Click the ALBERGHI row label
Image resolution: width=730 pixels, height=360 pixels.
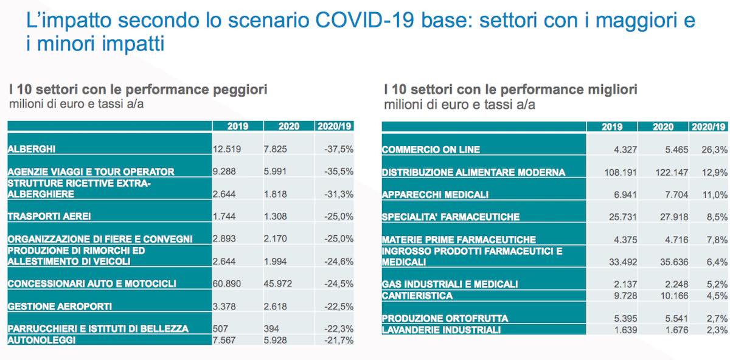tap(31, 149)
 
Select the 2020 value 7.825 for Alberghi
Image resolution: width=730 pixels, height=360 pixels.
tap(275, 149)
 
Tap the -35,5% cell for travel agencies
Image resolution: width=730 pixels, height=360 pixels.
tap(339, 171)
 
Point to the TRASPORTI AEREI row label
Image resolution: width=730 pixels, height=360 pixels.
tap(49, 216)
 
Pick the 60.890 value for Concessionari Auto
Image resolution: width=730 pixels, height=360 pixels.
tap(226, 284)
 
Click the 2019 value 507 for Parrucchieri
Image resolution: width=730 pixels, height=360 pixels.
tap(220, 329)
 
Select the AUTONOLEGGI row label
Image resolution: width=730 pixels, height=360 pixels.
tap(42, 340)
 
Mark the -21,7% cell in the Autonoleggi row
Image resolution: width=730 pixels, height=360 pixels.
tap(339, 340)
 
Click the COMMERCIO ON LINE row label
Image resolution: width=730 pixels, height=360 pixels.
tap(431, 150)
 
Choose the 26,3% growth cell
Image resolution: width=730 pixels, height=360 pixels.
tap(714, 150)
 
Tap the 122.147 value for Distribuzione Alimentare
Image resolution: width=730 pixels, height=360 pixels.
tap(672, 172)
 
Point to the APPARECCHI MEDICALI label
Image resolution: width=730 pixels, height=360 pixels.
tap(435, 195)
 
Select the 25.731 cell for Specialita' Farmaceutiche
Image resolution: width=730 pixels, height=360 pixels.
tap(622, 217)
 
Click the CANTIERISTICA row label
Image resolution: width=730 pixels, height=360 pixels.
tap(417, 296)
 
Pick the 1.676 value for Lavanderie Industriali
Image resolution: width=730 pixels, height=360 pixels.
tap(676, 330)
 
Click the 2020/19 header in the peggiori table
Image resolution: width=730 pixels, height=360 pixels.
tap(335, 126)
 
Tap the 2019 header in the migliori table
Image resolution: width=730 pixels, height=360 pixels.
tap(612, 127)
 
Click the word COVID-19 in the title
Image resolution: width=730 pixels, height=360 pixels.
tap(364, 20)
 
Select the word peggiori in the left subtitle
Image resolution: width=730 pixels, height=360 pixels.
tap(240, 90)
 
